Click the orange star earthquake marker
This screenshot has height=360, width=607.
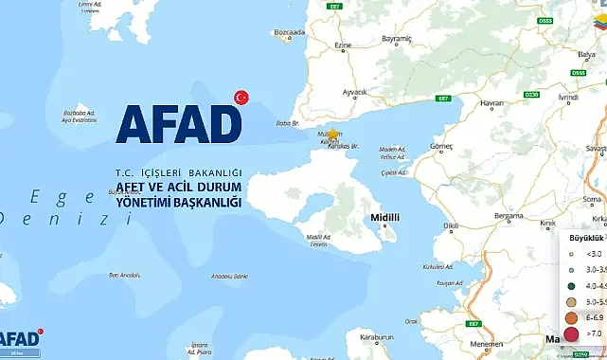[x=332, y=135]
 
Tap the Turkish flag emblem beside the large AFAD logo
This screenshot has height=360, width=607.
[x=241, y=97]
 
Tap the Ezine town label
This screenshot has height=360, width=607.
[x=343, y=45]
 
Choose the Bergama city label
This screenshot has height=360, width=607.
[x=508, y=216]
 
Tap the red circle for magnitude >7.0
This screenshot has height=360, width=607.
[x=571, y=333]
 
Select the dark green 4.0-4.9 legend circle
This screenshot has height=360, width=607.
[x=571, y=284]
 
